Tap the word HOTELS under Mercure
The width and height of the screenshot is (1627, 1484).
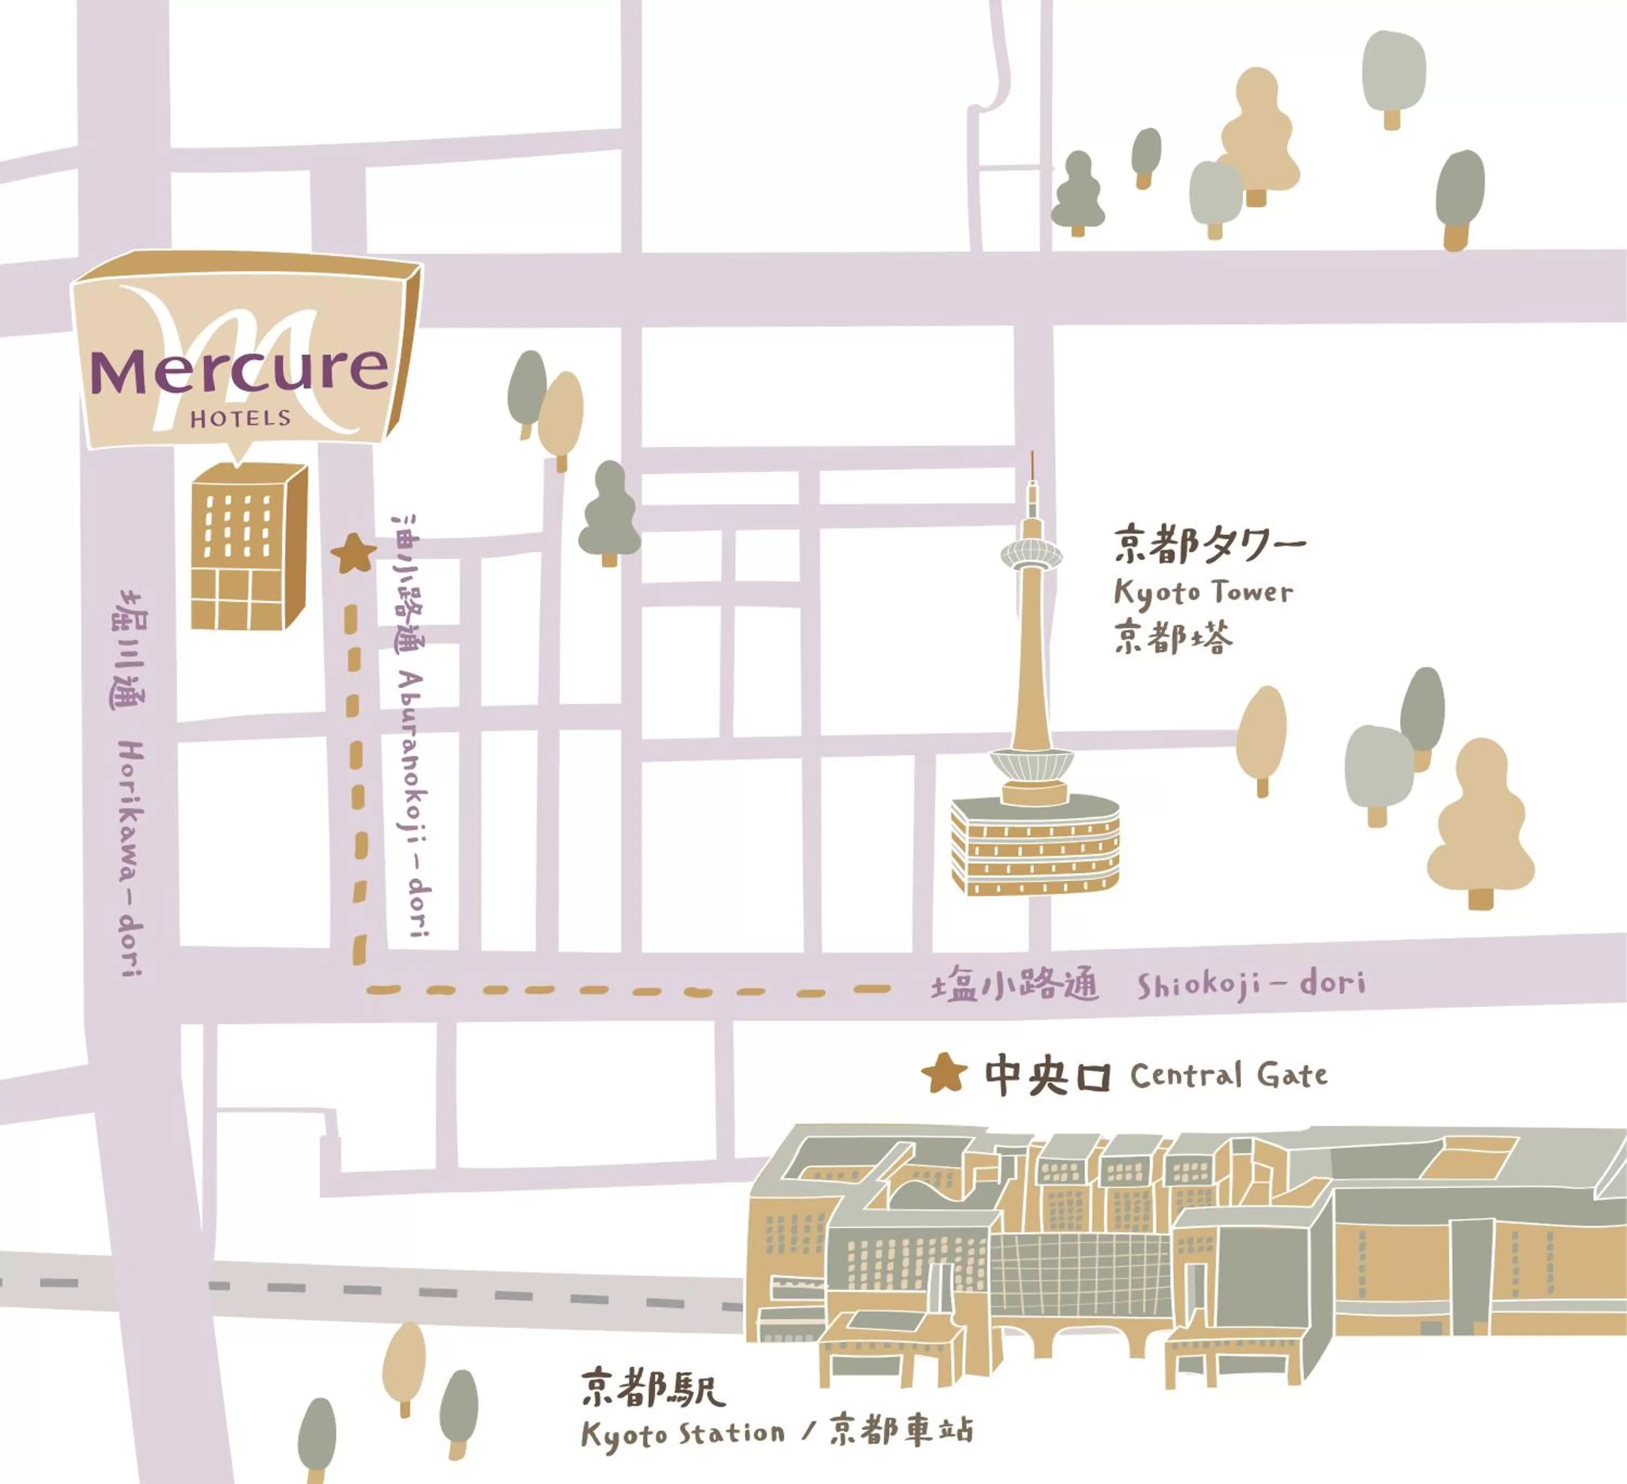point(240,418)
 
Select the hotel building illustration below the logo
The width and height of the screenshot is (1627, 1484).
point(248,547)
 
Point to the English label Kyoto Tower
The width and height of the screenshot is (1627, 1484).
point(1202,592)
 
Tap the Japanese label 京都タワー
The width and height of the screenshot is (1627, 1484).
point(1209,546)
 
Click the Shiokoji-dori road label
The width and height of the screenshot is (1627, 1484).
point(1251,984)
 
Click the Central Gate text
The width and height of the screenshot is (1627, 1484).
point(1228,1076)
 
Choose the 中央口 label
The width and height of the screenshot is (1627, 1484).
point(1047,1076)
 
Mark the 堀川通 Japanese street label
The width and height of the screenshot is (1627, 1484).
point(129,650)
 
